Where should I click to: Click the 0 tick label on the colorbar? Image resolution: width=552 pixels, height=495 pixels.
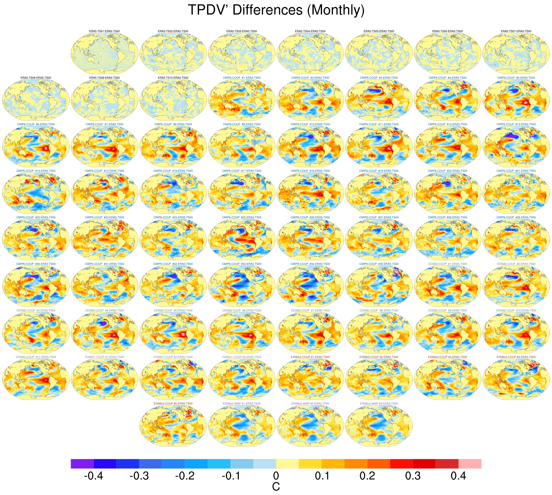[x=276, y=476]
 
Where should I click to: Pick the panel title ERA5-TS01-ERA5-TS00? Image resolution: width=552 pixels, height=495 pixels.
[x=105, y=31]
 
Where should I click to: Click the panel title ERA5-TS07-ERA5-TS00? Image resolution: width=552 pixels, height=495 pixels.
[x=516, y=31]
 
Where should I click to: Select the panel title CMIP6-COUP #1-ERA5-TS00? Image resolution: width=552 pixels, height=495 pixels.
[x=242, y=78]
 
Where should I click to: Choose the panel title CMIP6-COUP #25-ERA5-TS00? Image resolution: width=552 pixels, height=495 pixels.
[x=242, y=217]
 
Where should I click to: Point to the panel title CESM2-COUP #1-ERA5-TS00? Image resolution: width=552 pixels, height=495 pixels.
[x=447, y=264]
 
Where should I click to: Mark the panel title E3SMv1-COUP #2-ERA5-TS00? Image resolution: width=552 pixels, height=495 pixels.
[x=173, y=357]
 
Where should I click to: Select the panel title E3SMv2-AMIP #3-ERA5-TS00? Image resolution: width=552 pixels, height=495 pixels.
[x=379, y=403]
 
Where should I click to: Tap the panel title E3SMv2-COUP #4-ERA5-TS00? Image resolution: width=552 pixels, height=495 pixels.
[x=516, y=357]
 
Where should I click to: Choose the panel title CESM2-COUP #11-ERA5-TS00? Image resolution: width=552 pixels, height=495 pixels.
[x=36, y=357]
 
